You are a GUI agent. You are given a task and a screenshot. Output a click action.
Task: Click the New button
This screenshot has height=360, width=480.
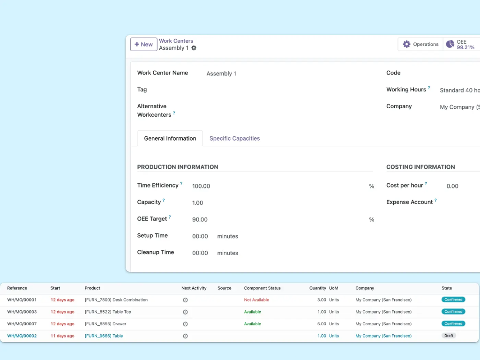pos(143,45)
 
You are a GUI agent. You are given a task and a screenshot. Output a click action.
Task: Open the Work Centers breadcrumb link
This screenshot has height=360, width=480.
pos(176,41)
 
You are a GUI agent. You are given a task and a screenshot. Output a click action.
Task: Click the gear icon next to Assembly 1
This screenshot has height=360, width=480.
pos(194,48)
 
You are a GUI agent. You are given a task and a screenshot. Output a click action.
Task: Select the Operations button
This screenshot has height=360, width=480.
pos(420,45)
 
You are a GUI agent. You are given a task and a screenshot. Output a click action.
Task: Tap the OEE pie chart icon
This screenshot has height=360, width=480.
pos(450,44)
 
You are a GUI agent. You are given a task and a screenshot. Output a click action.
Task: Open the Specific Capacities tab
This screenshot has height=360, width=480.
pos(234,138)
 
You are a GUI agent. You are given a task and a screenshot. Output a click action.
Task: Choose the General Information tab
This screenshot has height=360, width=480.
pos(170,138)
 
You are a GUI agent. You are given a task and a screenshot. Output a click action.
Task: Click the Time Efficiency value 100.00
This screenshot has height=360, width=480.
pos(201,186)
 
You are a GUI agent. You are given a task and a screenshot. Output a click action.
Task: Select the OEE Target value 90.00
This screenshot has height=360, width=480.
pos(200,219)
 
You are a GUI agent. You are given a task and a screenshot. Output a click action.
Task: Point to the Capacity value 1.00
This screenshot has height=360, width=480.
pos(197,203)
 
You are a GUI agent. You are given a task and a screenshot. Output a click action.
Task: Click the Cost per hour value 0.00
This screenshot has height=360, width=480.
pos(452,186)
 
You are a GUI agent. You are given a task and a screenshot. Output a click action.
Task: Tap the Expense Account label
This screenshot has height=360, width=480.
pos(409,202)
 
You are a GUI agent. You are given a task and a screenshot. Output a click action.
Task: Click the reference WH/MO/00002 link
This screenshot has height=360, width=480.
pos(22,336)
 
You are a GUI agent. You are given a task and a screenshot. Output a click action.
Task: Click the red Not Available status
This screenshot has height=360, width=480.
pos(256,300)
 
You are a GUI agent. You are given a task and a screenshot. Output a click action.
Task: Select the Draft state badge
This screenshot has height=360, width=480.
pos(449,336)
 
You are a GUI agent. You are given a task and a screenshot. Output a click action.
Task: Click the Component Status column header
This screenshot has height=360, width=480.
pos(262,288)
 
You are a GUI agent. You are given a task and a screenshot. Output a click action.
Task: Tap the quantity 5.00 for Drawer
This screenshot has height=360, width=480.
pos(322,324)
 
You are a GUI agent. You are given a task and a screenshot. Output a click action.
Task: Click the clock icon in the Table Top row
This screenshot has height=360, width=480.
pos(185,312)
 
